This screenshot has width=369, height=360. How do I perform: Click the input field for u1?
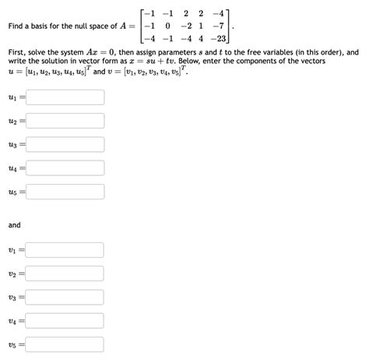tap(65, 97)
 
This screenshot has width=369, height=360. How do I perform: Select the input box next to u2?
tap(65, 121)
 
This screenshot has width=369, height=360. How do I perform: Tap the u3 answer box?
tap(65, 144)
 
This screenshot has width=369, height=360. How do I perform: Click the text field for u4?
tap(65, 168)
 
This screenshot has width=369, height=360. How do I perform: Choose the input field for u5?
tap(65, 192)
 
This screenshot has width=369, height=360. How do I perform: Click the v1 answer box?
tap(65, 250)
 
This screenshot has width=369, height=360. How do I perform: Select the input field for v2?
tap(65, 274)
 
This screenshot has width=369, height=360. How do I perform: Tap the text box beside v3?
tap(65, 297)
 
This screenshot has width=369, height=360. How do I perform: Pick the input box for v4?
tap(65, 320)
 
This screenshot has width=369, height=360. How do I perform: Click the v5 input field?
tap(65, 344)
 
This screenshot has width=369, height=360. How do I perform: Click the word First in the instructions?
tap(17, 53)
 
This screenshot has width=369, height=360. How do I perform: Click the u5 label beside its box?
tap(14, 192)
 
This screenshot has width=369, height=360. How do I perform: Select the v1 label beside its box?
tap(14, 251)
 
